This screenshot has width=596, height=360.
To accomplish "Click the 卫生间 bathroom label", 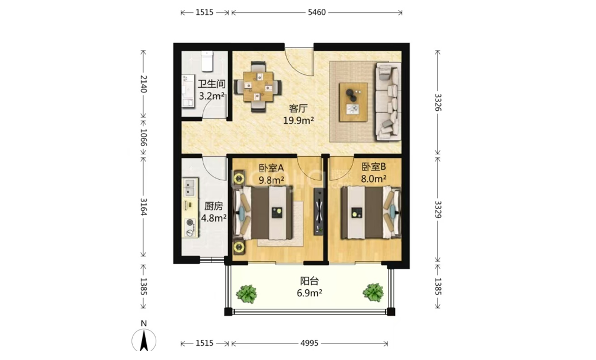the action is click(x=211, y=84).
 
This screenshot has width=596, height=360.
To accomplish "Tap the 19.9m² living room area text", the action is click(x=298, y=121).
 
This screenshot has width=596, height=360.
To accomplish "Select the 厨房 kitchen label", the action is click(x=213, y=206).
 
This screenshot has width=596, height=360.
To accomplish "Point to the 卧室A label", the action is click(x=271, y=167).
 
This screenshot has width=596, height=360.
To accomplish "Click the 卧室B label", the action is click(x=374, y=167).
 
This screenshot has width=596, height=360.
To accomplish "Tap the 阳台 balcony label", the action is click(x=309, y=282).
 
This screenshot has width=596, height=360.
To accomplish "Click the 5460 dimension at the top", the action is click(x=317, y=12).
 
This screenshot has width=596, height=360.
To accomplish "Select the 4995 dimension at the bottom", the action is click(x=309, y=344).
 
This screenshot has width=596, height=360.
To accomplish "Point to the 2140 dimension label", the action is click(x=143, y=84).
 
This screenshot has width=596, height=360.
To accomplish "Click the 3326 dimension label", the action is click(x=438, y=102).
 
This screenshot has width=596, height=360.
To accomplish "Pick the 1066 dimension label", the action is click(x=143, y=137).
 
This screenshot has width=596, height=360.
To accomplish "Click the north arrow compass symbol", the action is click(x=144, y=339).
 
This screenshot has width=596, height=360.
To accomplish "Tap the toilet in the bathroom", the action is click(x=207, y=61).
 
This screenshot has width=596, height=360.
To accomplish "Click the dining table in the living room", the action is click(x=258, y=87).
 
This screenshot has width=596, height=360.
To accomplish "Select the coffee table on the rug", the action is click(x=354, y=102).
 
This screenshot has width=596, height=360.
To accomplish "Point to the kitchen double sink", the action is click(x=190, y=187).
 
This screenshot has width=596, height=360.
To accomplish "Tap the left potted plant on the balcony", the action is click(x=246, y=294).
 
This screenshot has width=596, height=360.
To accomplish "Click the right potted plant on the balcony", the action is click(x=373, y=292).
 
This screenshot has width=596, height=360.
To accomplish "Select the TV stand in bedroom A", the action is click(x=318, y=212).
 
